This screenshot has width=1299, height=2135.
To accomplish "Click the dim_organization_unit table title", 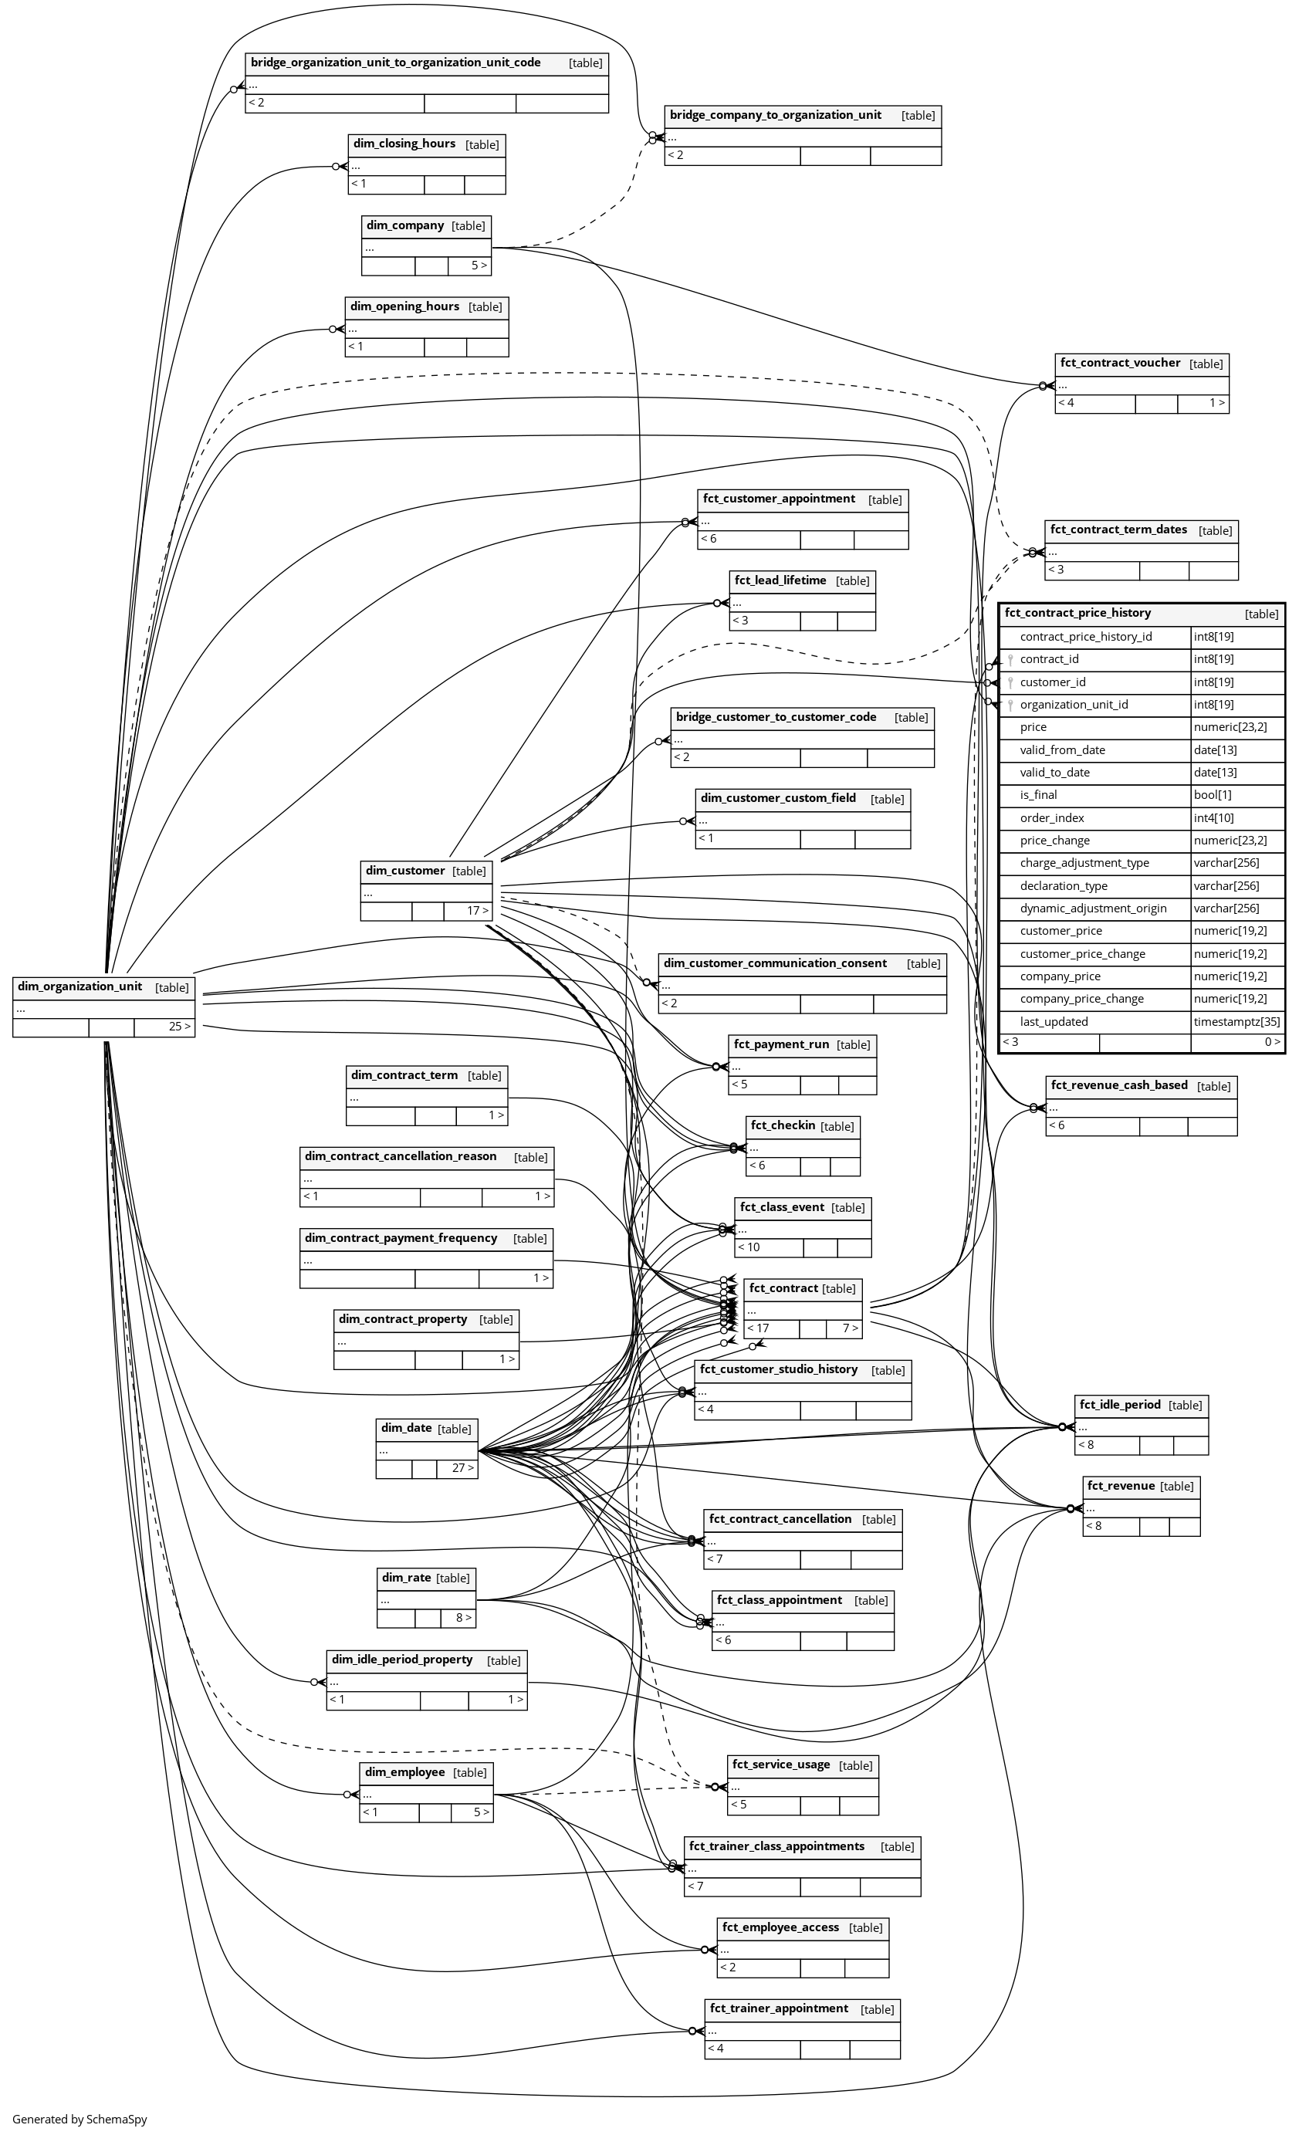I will pyautogui.click(x=79, y=986).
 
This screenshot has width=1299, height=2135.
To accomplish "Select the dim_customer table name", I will pyautogui.click(x=404, y=870).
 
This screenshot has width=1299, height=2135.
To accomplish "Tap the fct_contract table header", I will pyautogui.click(x=783, y=1287).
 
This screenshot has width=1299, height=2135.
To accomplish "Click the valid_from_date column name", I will pyautogui.click(x=1061, y=749).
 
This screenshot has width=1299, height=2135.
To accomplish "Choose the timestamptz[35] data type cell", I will pyautogui.click(x=1236, y=1022).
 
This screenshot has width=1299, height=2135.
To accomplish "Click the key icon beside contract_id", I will pyautogui.click(x=1010, y=659).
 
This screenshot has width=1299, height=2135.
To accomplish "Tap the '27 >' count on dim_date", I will pyautogui.click(x=463, y=1468).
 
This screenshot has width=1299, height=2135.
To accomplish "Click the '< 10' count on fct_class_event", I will pyautogui.click(x=749, y=1247).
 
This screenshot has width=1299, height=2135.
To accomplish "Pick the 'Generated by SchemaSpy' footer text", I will pyautogui.click(x=79, y=2119).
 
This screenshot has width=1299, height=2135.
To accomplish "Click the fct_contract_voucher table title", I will pyautogui.click(x=1120, y=362).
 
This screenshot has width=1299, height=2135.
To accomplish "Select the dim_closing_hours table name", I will pyautogui.click(x=404, y=143).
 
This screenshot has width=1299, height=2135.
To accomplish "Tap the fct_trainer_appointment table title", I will pyautogui.click(x=778, y=2008).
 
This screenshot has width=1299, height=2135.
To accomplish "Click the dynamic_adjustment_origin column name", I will pyautogui.click(x=1093, y=908).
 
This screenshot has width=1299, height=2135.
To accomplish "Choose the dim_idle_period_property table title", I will pyautogui.click(x=402, y=1660).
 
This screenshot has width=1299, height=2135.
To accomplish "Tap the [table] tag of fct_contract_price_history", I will pyautogui.click(x=1261, y=614).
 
